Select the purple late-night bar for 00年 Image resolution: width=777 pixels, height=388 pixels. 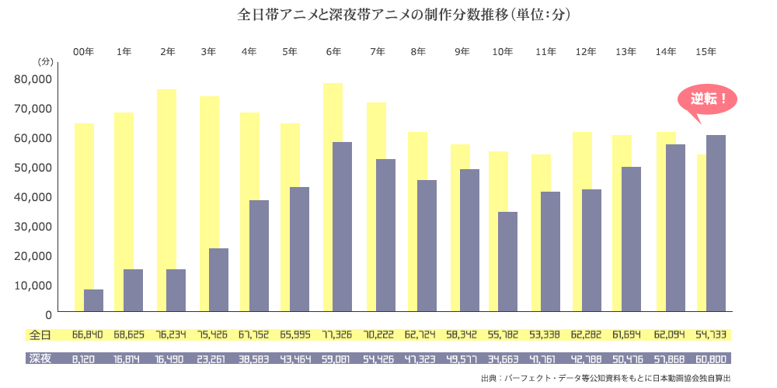94,301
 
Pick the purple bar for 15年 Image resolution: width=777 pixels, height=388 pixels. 716,224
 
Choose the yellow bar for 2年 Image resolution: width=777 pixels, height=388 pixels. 166,178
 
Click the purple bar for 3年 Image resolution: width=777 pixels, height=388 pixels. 218,281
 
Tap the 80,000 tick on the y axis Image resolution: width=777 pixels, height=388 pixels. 33,78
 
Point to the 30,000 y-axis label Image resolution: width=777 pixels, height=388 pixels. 33,226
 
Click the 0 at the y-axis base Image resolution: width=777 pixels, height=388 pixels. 48,314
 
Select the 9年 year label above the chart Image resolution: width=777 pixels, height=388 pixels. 462,51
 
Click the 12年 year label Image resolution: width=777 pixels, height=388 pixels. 585,51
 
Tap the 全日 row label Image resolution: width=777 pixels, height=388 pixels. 40,335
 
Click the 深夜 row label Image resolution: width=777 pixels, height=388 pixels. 40,359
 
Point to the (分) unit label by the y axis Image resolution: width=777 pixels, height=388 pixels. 45,61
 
